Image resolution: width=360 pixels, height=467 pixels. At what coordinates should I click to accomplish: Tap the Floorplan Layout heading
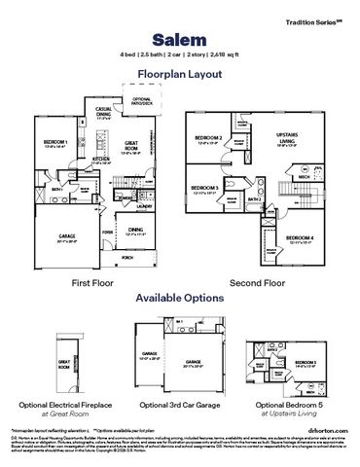pos(180,73)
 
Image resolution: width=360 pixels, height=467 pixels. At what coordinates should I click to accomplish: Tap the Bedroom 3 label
pos(204,188)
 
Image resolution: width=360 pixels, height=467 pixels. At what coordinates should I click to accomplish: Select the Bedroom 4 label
pos(300,239)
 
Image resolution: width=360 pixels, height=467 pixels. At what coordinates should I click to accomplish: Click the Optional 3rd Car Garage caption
pos(180,404)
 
